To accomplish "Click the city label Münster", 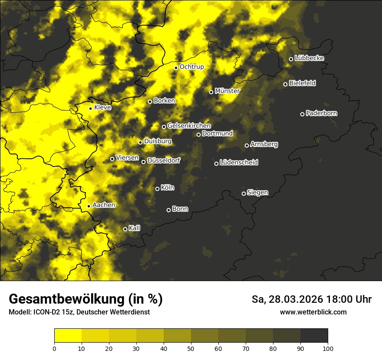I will coord(227,91).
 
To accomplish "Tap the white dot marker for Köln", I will coord(157,189).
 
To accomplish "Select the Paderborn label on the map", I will coord(321,113).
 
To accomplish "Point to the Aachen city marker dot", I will coord(89,206).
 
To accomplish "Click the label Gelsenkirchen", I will coord(189,126).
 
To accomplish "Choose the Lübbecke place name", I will coord(309,58).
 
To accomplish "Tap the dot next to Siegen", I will coord(244,193).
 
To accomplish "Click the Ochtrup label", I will coord(191,67).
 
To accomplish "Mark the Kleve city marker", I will coord(90,108).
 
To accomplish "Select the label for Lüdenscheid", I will coord(239,163).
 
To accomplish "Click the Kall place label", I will coord(134,228).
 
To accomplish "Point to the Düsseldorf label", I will coord(163,160).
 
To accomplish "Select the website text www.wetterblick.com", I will coord(313,312).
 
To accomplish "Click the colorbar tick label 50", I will coord(191,348).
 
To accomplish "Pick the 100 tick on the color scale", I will coord(328,348).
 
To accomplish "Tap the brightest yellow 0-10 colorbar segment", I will coord(68,336).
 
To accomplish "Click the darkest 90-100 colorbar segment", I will coord(314,336).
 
